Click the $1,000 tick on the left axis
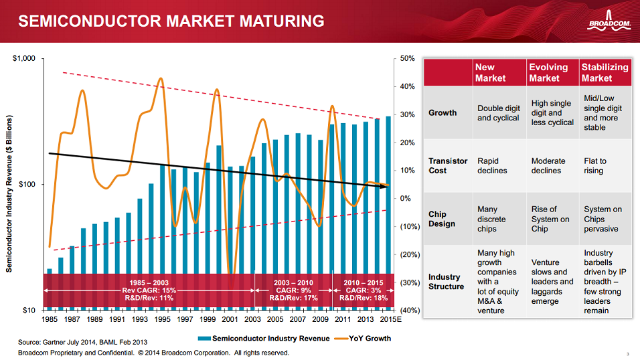[x=24, y=59]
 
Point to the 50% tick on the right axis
[x=409, y=59]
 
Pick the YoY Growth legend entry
[x=362, y=339]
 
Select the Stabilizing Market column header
[x=605, y=72]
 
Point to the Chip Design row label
[x=443, y=219]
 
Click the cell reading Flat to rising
[x=595, y=166]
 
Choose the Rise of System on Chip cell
[x=550, y=219]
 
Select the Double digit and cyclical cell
[x=498, y=113]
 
